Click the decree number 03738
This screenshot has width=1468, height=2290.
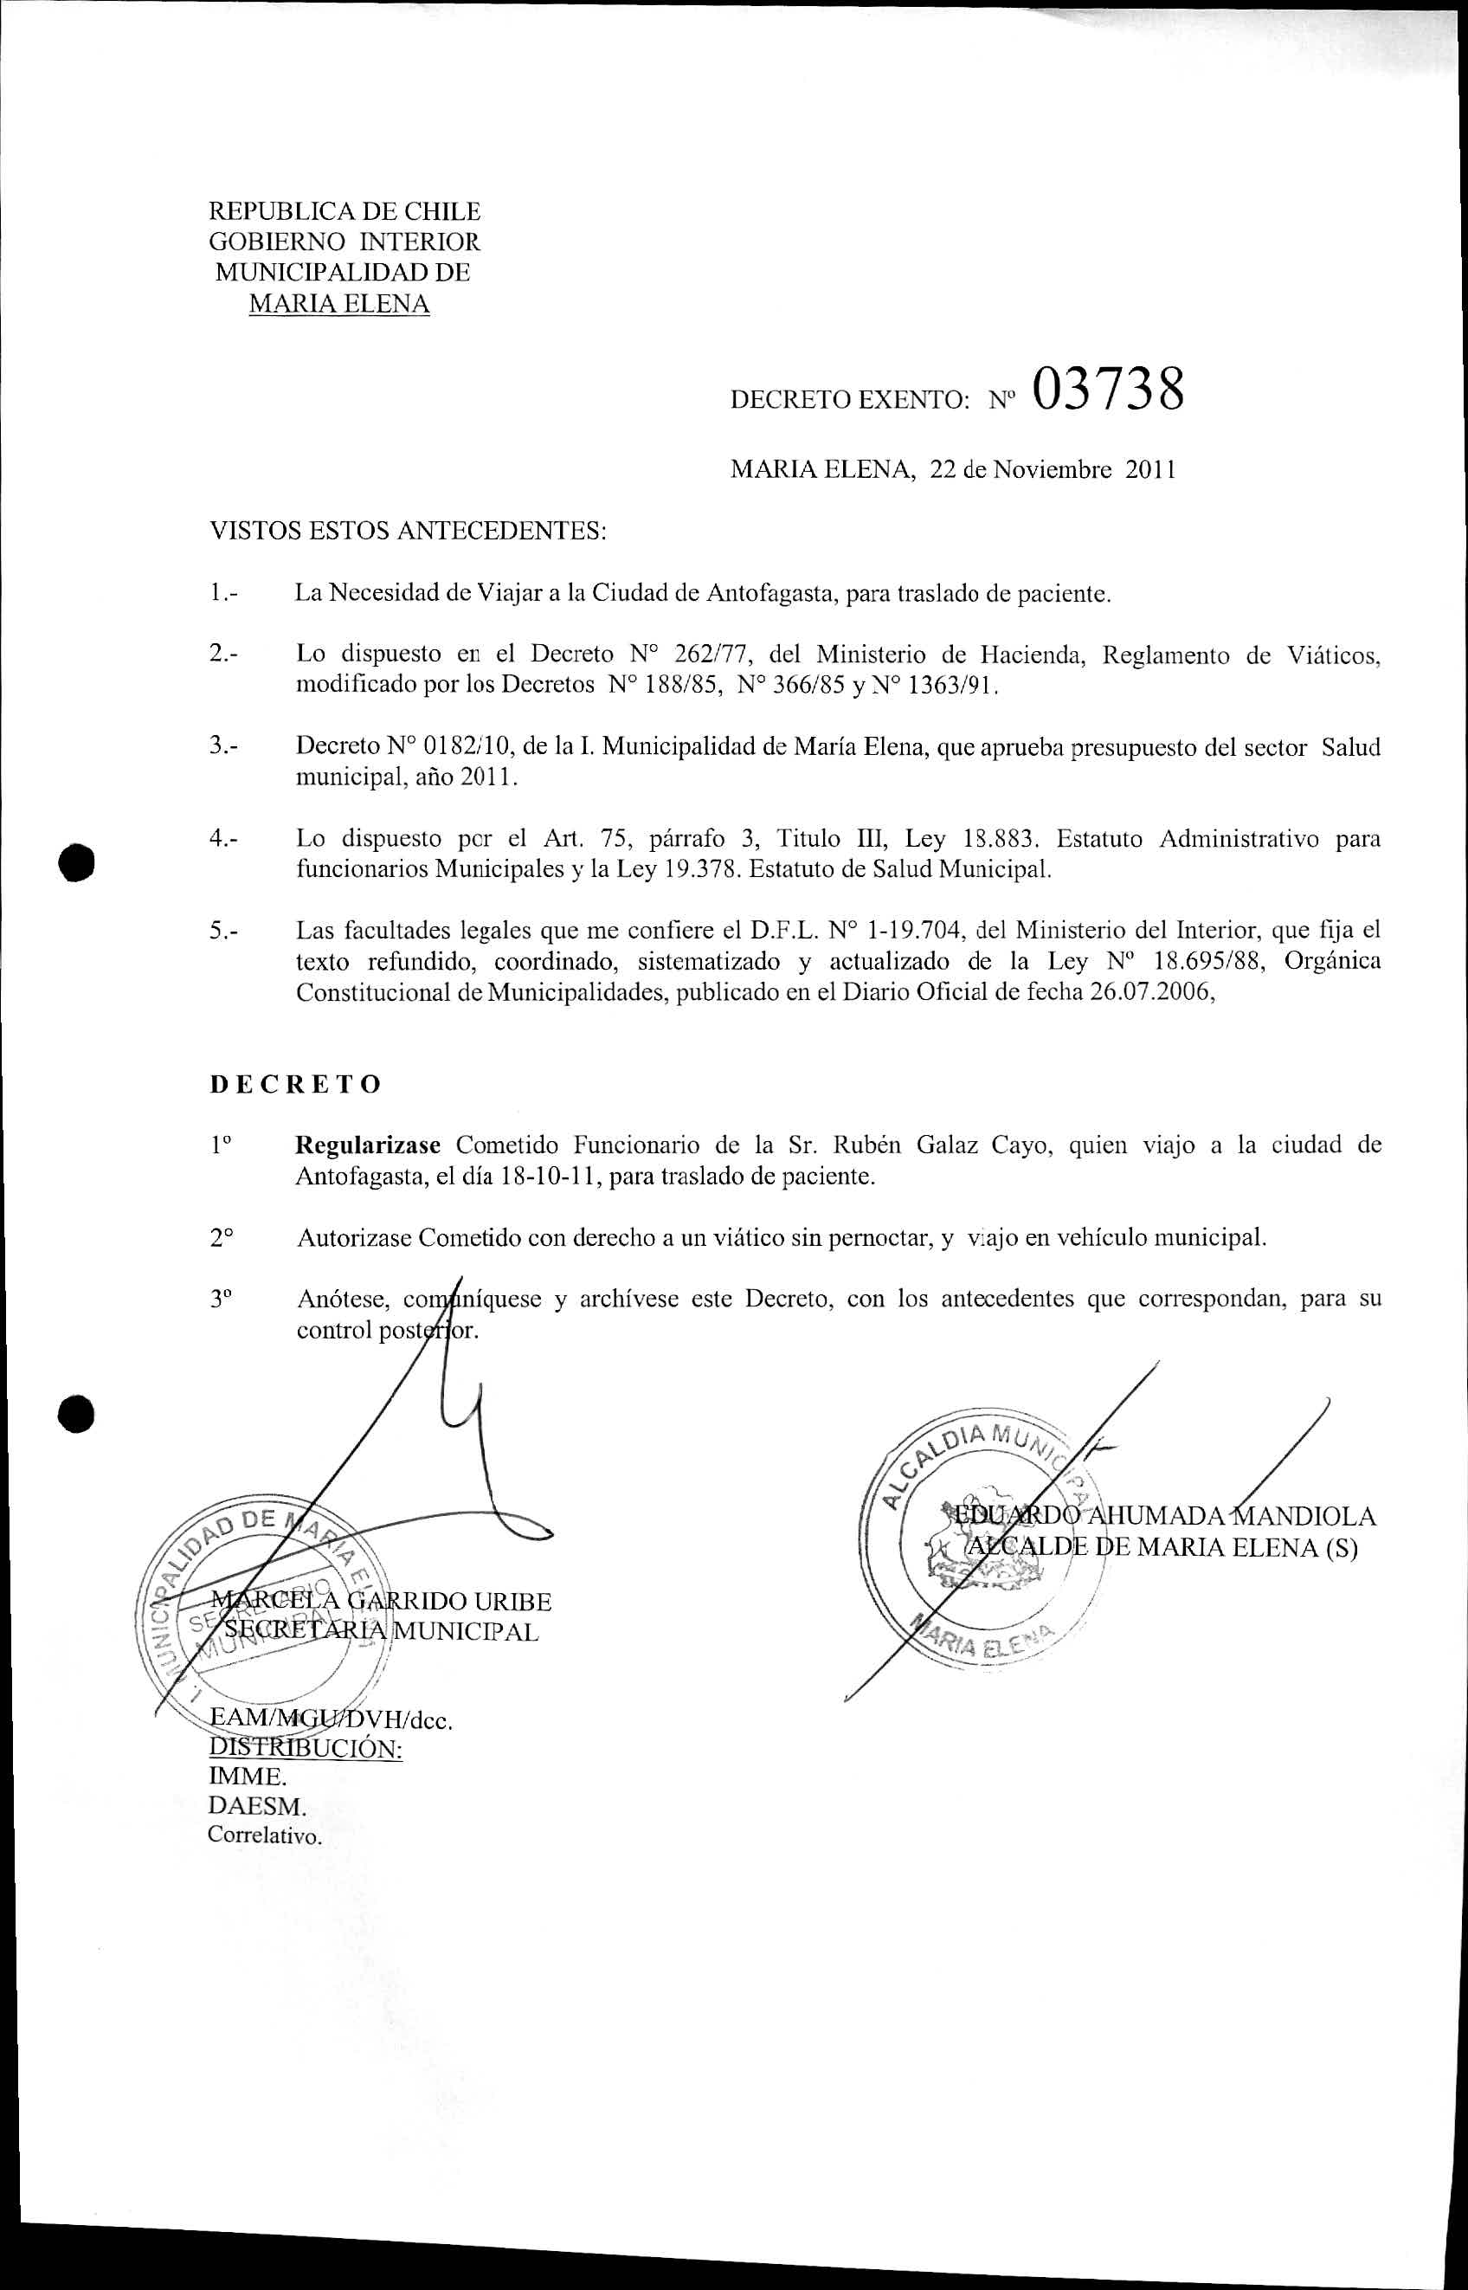coord(1107,390)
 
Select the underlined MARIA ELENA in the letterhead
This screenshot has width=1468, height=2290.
coord(338,304)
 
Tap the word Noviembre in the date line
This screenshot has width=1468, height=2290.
coord(1052,469)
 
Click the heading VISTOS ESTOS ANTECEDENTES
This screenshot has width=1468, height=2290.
coord(408,531)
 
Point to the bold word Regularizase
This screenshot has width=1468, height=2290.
coord(368,1145)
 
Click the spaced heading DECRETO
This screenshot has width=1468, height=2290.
coord(295,1084)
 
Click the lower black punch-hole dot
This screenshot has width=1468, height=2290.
coord(77,1415)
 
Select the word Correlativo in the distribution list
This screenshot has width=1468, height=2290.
coord(265,1835)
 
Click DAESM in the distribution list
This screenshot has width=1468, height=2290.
coord(257,1806)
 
